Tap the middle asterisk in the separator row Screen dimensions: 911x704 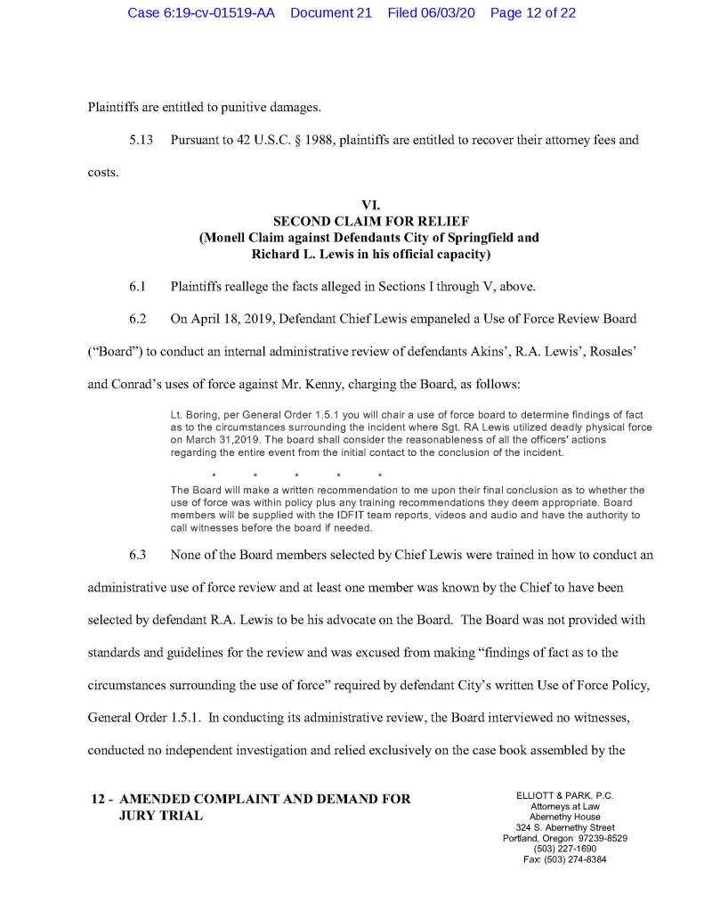(296, 473)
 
